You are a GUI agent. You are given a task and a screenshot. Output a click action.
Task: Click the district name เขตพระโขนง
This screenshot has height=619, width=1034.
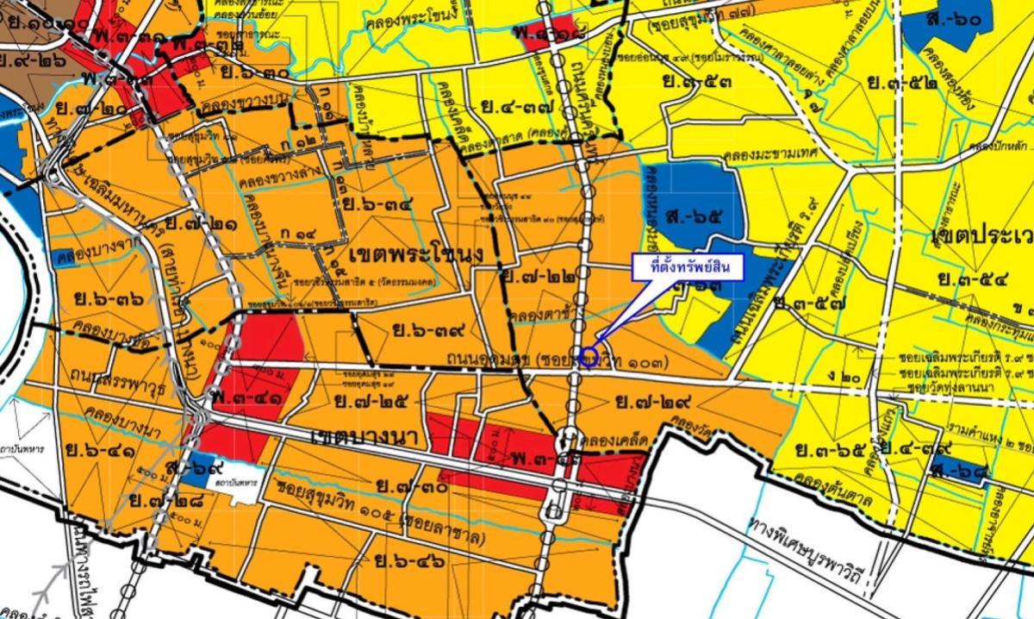pos(404,256)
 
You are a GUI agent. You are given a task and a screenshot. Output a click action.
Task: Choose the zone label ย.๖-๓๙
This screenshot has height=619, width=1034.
pos(428,328)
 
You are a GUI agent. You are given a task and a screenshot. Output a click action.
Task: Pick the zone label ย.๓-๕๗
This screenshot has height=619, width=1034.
pos(810,303)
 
